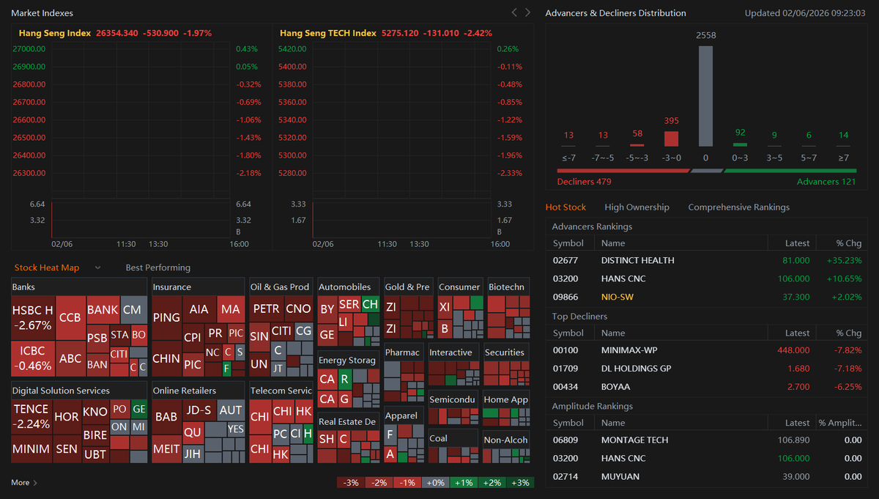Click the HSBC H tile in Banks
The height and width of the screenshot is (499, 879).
pos(33,317)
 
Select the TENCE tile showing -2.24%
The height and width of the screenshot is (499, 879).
pos(31,416)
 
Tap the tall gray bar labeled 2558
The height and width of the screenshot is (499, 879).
pos(705,96)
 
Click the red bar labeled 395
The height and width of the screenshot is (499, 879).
pos(671,138)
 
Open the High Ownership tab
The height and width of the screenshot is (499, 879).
pos(637,207)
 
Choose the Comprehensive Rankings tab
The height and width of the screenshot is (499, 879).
pos(738,207)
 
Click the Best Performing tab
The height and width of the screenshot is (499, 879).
pos(157,267)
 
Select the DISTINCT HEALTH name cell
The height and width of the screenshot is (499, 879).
pos(637,260)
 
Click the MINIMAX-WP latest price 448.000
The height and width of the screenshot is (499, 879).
pos(793,350)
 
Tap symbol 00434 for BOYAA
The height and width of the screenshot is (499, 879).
pos(565,386)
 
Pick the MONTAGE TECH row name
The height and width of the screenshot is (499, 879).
pos(634,440)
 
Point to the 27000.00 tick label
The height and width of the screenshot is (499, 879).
pos(29,49)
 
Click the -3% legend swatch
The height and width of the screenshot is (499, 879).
pos(351,482)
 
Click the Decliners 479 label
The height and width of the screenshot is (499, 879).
pos(584,182)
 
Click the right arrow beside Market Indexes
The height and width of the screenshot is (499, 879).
pos(528,12)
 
